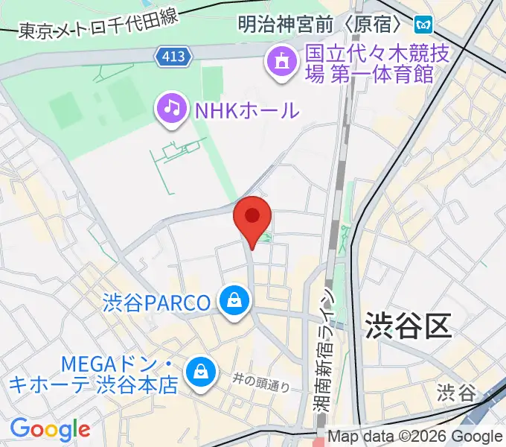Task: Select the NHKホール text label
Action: tap(246, 111)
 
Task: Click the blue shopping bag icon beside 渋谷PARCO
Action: tap(234, 302)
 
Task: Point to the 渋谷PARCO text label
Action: tap(157, 303)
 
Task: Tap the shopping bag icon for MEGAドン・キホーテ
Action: tap(200, 370)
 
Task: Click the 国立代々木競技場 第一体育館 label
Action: tap(371, 64)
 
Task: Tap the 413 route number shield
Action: tap(175, 55)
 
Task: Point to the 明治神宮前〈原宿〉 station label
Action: tap(321, 25)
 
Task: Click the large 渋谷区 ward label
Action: tap(409, 326)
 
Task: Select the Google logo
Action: tap(50, 428)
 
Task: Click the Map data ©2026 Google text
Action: tap(414, 437)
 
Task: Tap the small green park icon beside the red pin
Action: tap(266, 238)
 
